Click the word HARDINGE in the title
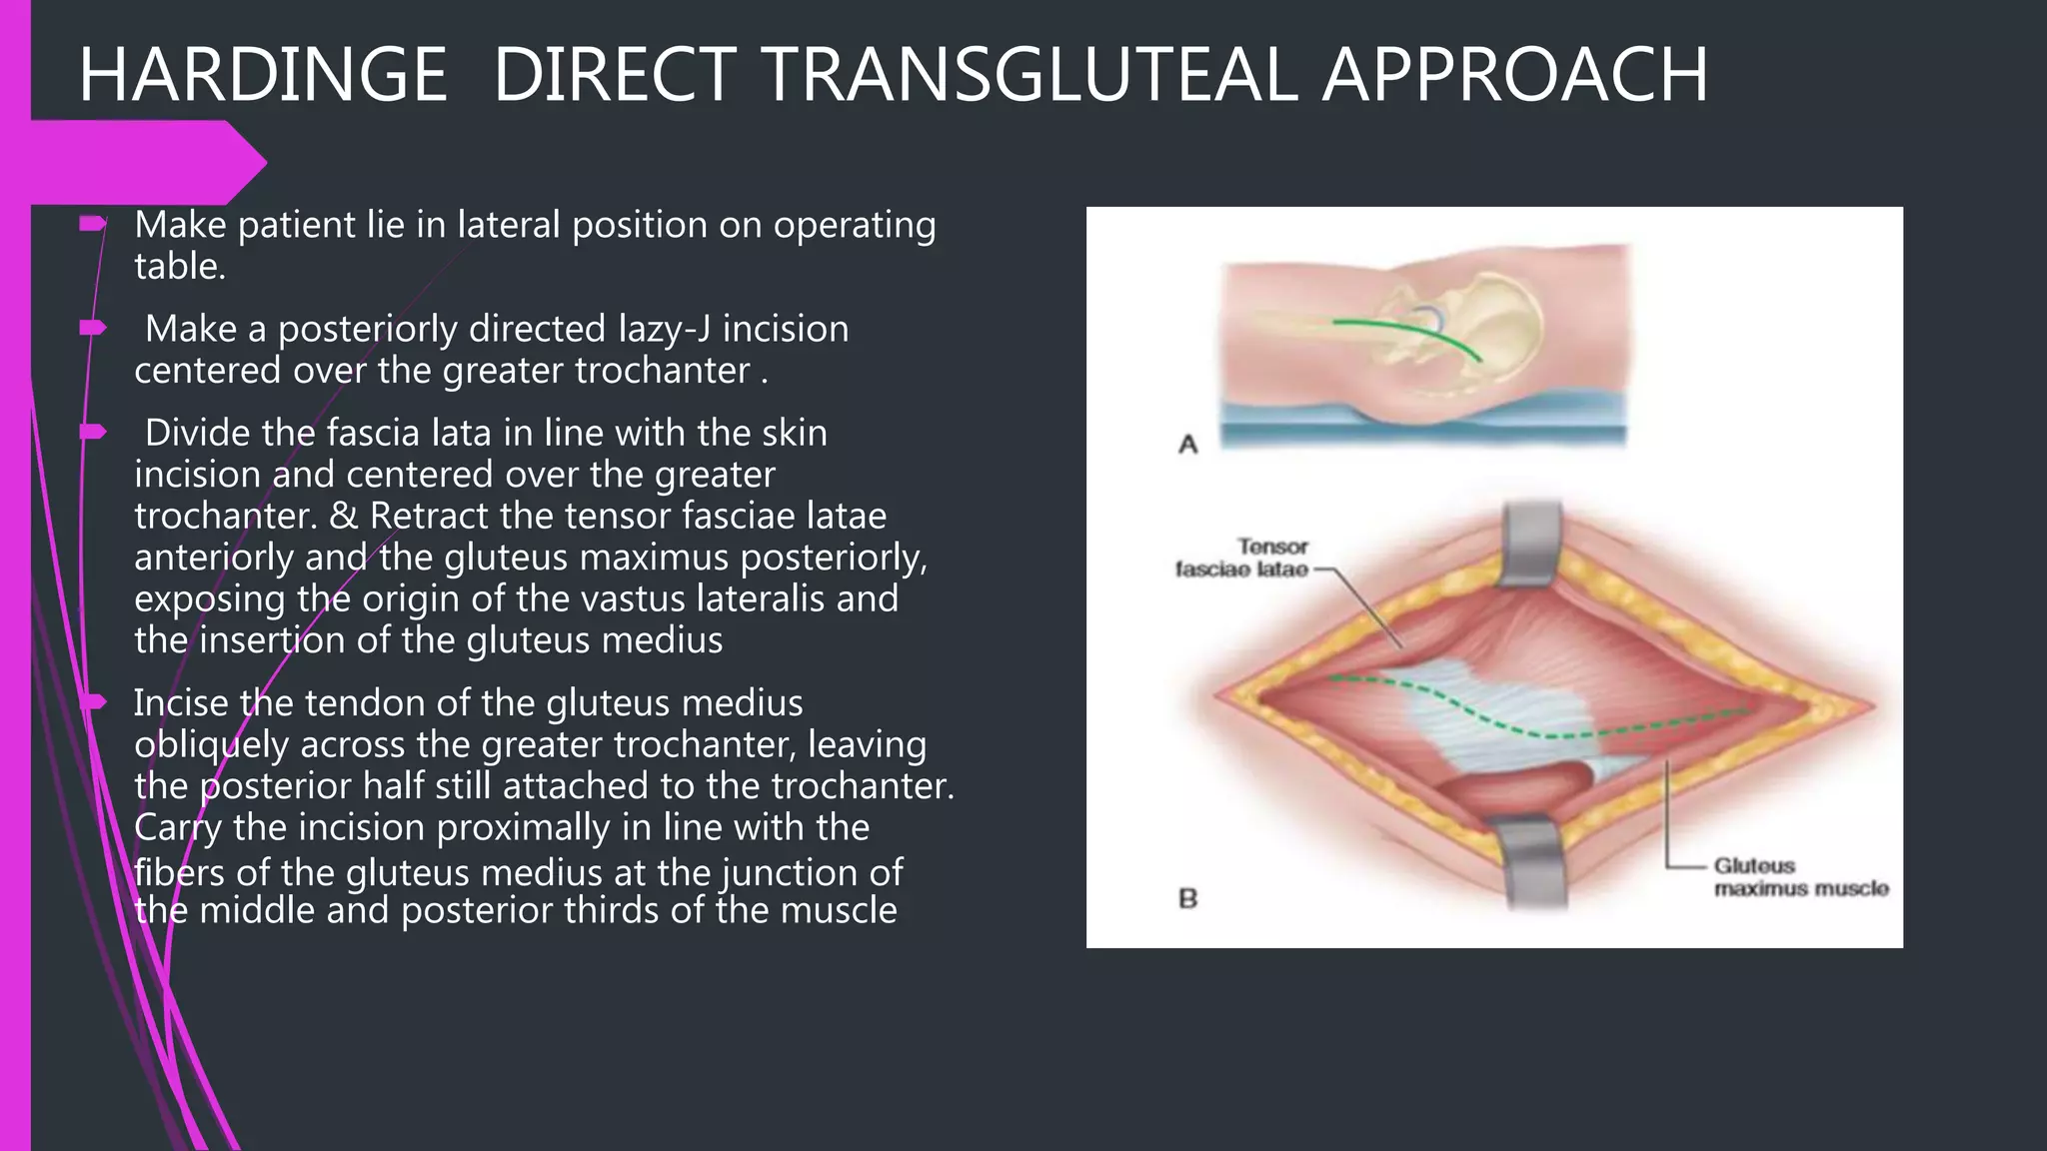point(263,75)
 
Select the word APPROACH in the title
point(1514,75)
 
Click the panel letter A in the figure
point(1187,444)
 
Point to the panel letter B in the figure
point(1187,898)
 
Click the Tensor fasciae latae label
point(1243,558)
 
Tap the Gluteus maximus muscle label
point(1800,877)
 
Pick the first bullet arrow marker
point(93,224)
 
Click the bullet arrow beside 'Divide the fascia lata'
point(93,432)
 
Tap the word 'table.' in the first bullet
point(180,267)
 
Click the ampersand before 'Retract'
point(343,516)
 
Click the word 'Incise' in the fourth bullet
point(182,703)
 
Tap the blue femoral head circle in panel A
point(1429,319)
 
